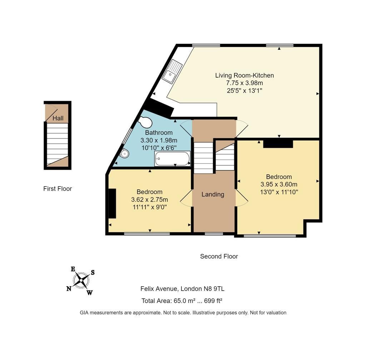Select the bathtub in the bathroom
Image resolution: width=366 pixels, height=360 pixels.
point(172,159)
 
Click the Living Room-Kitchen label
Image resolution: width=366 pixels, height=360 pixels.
point(244,76)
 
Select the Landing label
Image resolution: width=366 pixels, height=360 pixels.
point(213,195)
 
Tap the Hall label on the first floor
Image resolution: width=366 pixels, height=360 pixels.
point(58,118)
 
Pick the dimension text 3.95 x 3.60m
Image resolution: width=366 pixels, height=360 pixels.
point(279,184)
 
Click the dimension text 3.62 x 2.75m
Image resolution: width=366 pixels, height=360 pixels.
point(149,199)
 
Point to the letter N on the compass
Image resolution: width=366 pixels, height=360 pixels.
point(69,289)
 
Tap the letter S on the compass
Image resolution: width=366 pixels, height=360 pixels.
point(93,272)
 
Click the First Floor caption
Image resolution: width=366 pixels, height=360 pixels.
point(58,189)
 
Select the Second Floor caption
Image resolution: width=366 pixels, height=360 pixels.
point(219,256)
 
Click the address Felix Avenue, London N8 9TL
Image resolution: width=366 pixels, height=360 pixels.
point(182,289)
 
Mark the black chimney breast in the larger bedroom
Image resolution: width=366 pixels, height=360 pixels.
point(278,143)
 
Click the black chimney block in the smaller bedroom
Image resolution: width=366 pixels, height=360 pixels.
point(112,203)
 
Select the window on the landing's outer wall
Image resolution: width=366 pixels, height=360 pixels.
point(214,234)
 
